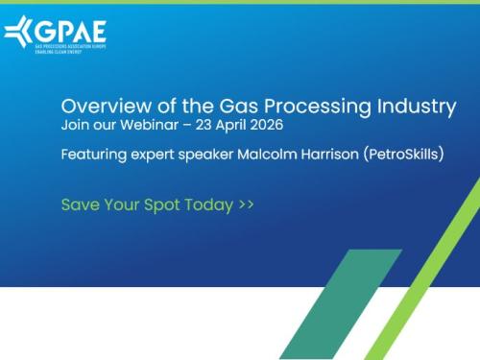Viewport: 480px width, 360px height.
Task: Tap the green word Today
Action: coord(210,204)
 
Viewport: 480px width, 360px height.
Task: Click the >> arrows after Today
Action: coord(246,204)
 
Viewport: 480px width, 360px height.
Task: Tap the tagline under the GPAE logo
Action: coord(58,50)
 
